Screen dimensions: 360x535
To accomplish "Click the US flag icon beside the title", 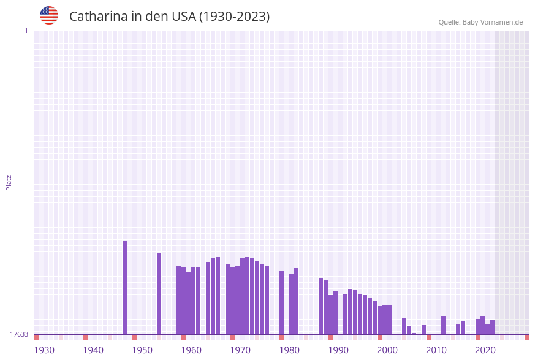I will tap(49, 15).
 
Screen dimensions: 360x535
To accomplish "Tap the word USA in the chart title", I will tap(183, 17).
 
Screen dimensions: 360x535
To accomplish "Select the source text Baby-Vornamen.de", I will tap(493, 22).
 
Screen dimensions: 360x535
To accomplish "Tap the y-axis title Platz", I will tap(9, 182).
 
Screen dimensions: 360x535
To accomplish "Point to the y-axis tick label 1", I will tap(26, 31).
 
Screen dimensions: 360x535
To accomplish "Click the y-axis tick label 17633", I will tap(18, 334).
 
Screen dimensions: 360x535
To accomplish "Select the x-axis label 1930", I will tap(44, 350).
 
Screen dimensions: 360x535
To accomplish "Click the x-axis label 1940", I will tap(93, 350).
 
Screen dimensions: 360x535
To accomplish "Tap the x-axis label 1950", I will tap(142, 350).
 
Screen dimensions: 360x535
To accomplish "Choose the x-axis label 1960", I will tap(191, 350).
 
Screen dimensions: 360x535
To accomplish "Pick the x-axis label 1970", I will tap(240, 350).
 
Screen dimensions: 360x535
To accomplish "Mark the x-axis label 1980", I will tap(289, 350).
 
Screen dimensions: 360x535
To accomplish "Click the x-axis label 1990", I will tap(338, 350).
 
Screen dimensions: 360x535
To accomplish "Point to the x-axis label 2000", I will tap(387, 350).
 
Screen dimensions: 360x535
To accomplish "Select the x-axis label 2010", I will tap(436, 350).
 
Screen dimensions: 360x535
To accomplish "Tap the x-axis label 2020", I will tap(485, 350).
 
